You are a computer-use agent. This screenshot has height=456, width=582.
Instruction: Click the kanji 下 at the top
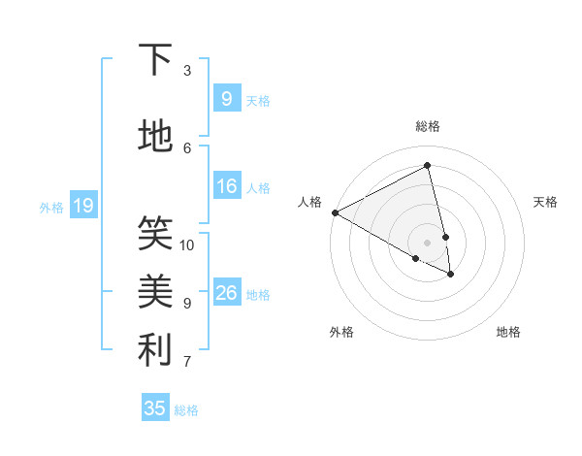point(155,60)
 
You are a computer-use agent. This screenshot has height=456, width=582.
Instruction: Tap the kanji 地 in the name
point(155,137)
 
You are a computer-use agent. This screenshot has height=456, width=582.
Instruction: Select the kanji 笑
point(155,233)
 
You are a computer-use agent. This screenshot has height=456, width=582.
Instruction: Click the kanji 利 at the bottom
point(155,350)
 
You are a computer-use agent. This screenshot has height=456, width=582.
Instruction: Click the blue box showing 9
point(226,99)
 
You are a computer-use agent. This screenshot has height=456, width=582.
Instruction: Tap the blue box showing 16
point(226,186)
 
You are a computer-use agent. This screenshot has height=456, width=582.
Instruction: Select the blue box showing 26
point(226,293)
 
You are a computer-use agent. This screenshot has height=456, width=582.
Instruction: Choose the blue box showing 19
point(82,206)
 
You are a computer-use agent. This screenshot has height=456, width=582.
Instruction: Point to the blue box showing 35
point(155,408)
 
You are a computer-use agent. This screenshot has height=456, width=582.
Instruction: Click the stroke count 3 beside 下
point(187,71)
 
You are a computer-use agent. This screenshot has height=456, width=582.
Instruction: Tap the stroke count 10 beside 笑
point(187,244)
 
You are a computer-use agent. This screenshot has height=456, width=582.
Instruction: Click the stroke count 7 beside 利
point(187,363)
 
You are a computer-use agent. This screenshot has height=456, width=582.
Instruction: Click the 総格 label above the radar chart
point(428,126)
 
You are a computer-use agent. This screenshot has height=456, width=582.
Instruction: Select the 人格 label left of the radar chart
point(310,202)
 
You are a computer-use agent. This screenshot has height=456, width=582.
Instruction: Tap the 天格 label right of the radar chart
point(546,202)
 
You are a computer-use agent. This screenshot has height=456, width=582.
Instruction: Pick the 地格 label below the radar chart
point(508,332)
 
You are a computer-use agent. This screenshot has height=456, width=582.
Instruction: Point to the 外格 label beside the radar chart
point(341,332)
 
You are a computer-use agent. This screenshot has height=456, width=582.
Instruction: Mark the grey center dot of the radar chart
point(428,242)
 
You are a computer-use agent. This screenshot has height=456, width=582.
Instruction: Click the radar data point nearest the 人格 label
point(335,212)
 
